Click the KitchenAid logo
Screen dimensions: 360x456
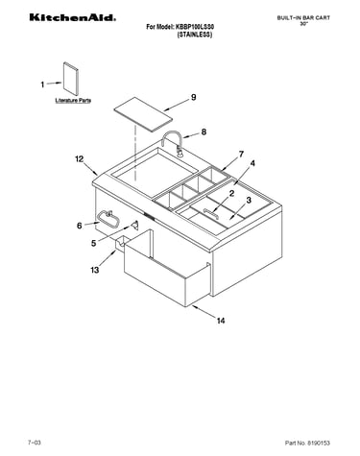[x=73, y=17]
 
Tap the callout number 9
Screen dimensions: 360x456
[x=194, y=97]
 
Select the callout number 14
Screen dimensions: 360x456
[x=221, y=321]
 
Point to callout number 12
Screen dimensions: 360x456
[x=79, y=158]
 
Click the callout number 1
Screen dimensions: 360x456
[x=42, y=84]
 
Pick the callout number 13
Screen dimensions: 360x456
[x=95, y=270]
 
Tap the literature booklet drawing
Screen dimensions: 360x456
[x=70, y=79]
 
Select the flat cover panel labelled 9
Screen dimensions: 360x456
[x=143, y=114]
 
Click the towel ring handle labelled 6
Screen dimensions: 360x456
[x=108, y=219]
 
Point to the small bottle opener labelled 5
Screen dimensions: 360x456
[x=134, y=225]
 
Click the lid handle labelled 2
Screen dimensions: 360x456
[x=211, y=213]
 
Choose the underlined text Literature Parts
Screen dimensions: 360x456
[x=73, y=101]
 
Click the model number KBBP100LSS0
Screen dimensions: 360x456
[x=195, y=27]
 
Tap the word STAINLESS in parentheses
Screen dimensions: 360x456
[x=195, y=35]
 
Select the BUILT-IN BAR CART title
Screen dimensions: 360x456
[x=303, y=18]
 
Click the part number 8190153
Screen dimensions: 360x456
[x=318, y=444]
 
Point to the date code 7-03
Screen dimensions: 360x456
[x=35, y=443]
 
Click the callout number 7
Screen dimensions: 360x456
[x=241, y=155]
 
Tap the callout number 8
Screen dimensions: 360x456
[x=204, y=132]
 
